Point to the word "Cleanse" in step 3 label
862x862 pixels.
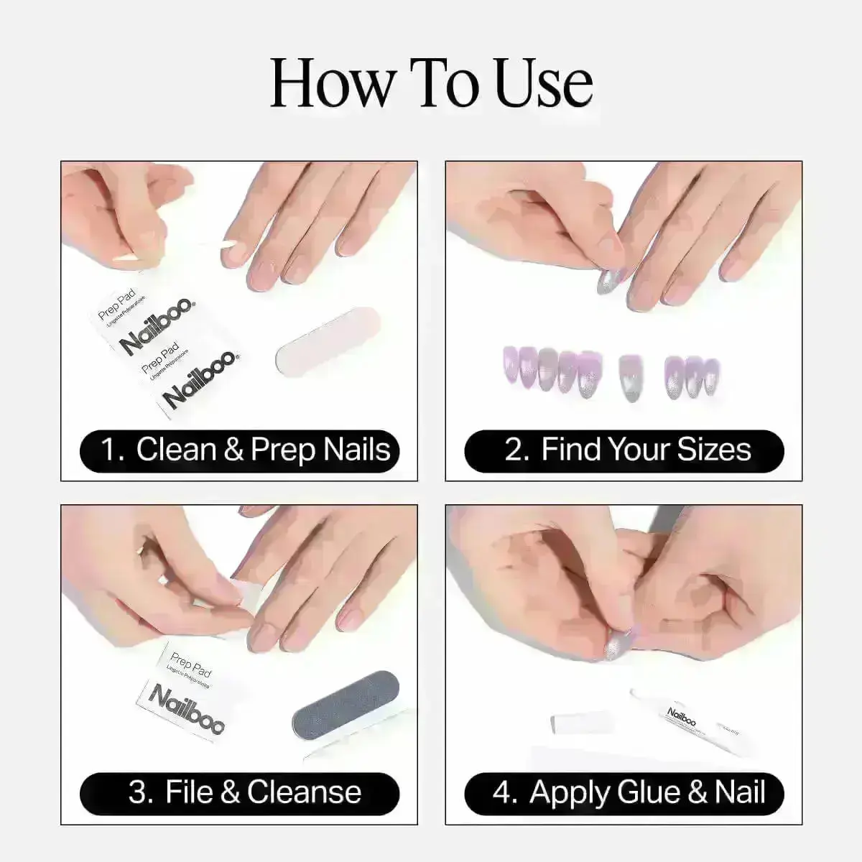[304, 792]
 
